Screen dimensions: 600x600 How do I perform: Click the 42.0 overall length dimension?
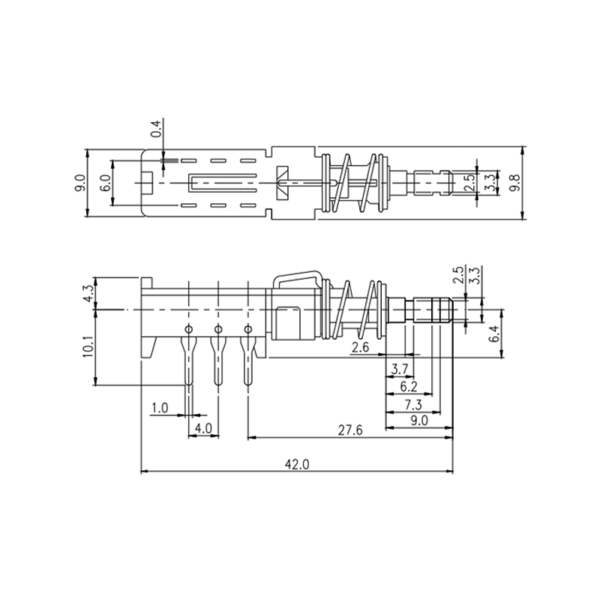click(296, 464)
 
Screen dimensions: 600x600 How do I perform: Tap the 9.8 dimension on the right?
click(514, 182)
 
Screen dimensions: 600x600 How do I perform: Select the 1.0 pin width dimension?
click(159, 408)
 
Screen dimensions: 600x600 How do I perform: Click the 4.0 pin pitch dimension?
click(203, 428)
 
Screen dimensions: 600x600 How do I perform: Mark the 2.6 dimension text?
click(360, 347)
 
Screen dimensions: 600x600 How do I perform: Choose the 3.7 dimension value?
click(400, 369)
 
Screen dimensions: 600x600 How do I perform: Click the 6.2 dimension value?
click(409, 387)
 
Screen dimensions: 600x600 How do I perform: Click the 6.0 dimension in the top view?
click(105, 182)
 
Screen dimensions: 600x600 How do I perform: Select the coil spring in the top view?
click(352, 182)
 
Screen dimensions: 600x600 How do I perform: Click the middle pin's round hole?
click(218, 329)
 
